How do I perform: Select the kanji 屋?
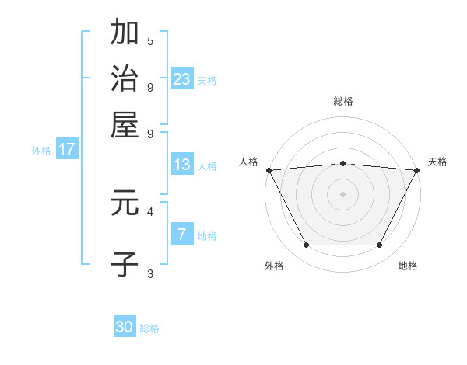[125, 124]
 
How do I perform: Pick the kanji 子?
[125, 264]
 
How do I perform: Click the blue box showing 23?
[182, 79]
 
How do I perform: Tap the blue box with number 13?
[182, 165]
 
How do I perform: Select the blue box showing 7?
[182, 235]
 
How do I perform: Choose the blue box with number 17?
[66, 150]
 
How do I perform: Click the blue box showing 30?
[125, 328]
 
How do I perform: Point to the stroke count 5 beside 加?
[150, 40]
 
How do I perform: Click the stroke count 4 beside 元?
[150, 210]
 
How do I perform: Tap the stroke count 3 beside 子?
[150, 273]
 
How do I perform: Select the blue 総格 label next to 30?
[149, 328]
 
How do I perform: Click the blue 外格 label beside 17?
[40, 151]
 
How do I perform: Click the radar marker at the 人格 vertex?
[269, 170]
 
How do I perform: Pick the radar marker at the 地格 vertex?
[380, 245]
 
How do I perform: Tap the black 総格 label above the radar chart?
[343, 101]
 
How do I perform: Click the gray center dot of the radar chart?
[343, 193]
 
